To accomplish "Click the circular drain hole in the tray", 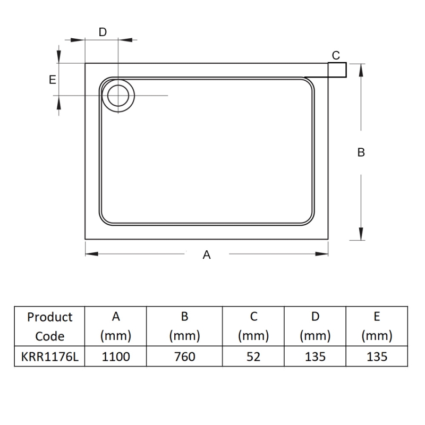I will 117,96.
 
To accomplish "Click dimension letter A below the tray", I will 207,255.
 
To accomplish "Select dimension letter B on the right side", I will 361,152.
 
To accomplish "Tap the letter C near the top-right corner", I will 336,55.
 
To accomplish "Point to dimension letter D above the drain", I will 103,32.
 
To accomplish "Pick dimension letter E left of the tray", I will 52,80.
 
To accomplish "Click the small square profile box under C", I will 337,70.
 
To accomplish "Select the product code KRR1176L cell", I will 49,356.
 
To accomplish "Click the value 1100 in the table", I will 116,356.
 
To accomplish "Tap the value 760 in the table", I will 184,356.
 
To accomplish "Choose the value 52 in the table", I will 253,356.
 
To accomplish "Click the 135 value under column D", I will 315,356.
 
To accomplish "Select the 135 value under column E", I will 377,356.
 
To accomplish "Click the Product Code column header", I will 49,326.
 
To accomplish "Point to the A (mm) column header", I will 116,326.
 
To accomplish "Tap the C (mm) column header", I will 253,326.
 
